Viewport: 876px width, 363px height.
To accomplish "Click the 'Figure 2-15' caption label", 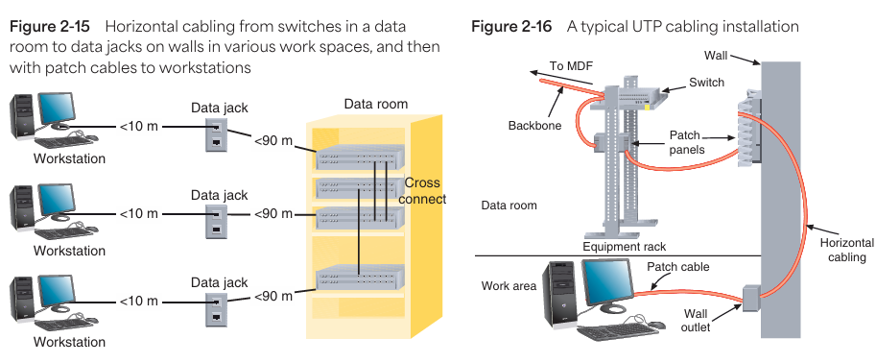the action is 50,26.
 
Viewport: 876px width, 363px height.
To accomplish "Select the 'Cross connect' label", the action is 425,191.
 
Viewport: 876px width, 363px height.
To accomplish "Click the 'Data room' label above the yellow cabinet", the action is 376,104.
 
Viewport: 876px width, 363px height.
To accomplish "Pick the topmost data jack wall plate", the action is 216,134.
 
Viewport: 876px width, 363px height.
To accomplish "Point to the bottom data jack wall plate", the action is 216,309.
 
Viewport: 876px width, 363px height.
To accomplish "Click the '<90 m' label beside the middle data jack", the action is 273,214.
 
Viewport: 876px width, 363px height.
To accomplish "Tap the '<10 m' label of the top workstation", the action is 139,127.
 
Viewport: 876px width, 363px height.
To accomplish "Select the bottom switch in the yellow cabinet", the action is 360,278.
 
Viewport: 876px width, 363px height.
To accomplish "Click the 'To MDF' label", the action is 570,66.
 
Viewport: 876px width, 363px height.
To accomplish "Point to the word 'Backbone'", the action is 534,126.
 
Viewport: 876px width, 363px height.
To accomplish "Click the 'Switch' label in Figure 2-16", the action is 706,83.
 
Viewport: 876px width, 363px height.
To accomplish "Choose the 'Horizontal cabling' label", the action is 846,250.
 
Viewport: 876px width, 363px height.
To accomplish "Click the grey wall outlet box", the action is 752,297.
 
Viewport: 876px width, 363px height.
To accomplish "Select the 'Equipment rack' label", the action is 624,247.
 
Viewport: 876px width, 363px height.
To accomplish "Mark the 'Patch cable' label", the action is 677,267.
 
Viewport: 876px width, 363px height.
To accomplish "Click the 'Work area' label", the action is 509,286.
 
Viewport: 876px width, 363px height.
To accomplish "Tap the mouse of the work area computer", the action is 657,325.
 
